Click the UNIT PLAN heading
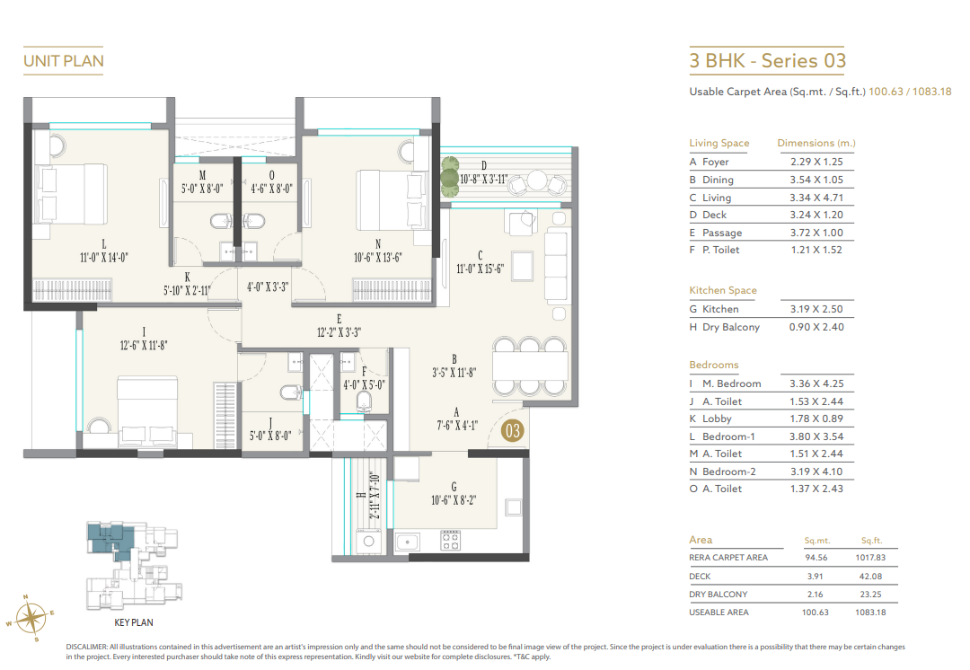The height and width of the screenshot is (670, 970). [63, 61]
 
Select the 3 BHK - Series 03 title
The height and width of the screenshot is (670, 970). [767, 61]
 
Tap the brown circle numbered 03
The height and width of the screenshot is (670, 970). [513, 431]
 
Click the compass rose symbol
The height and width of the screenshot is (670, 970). [31, 617]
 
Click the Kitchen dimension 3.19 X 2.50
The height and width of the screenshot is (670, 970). [816, 309]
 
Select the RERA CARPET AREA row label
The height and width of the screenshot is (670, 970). [728, 558]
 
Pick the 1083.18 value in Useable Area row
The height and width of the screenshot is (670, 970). [879, 612]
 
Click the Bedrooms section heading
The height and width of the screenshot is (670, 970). [714, 365]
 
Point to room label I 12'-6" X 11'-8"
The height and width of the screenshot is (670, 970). [143, 339]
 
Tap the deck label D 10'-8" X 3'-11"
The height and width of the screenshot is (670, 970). [484, 172]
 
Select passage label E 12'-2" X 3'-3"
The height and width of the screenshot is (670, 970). [339, 324]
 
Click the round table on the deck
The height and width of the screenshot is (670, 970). [537, 181]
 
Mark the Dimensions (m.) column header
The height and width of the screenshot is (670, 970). [816, 143]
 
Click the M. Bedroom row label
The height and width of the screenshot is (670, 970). [731, 383]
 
